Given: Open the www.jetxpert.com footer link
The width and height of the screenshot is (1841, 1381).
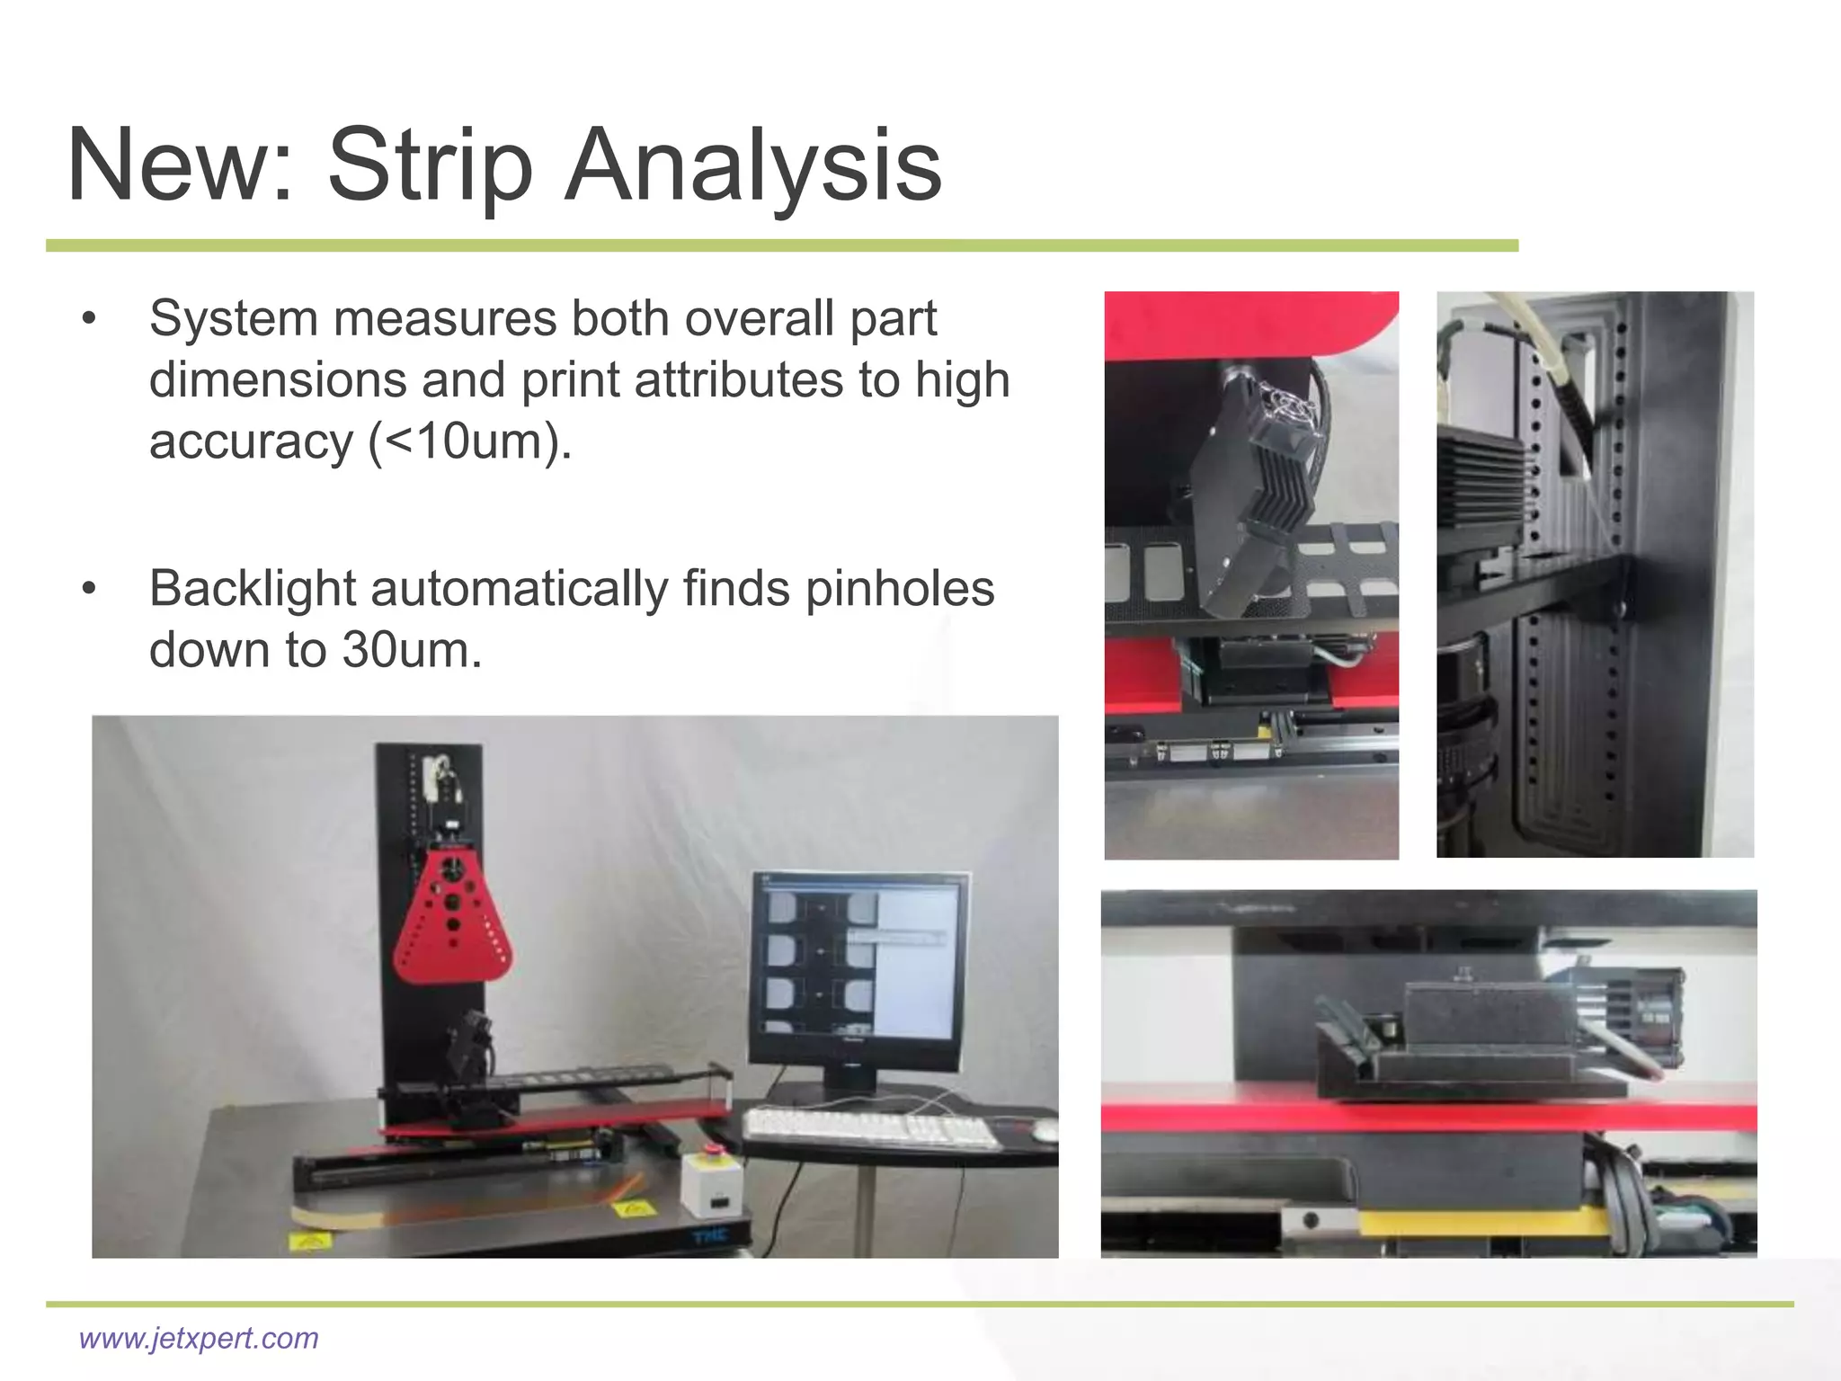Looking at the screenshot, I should coord(199,1338).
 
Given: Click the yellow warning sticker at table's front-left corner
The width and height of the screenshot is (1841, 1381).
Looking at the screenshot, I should coord(309,1243).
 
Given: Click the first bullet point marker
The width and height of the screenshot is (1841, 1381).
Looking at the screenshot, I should coord(87,320).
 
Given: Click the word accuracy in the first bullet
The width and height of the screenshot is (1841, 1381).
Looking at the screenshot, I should coord(252,442).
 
